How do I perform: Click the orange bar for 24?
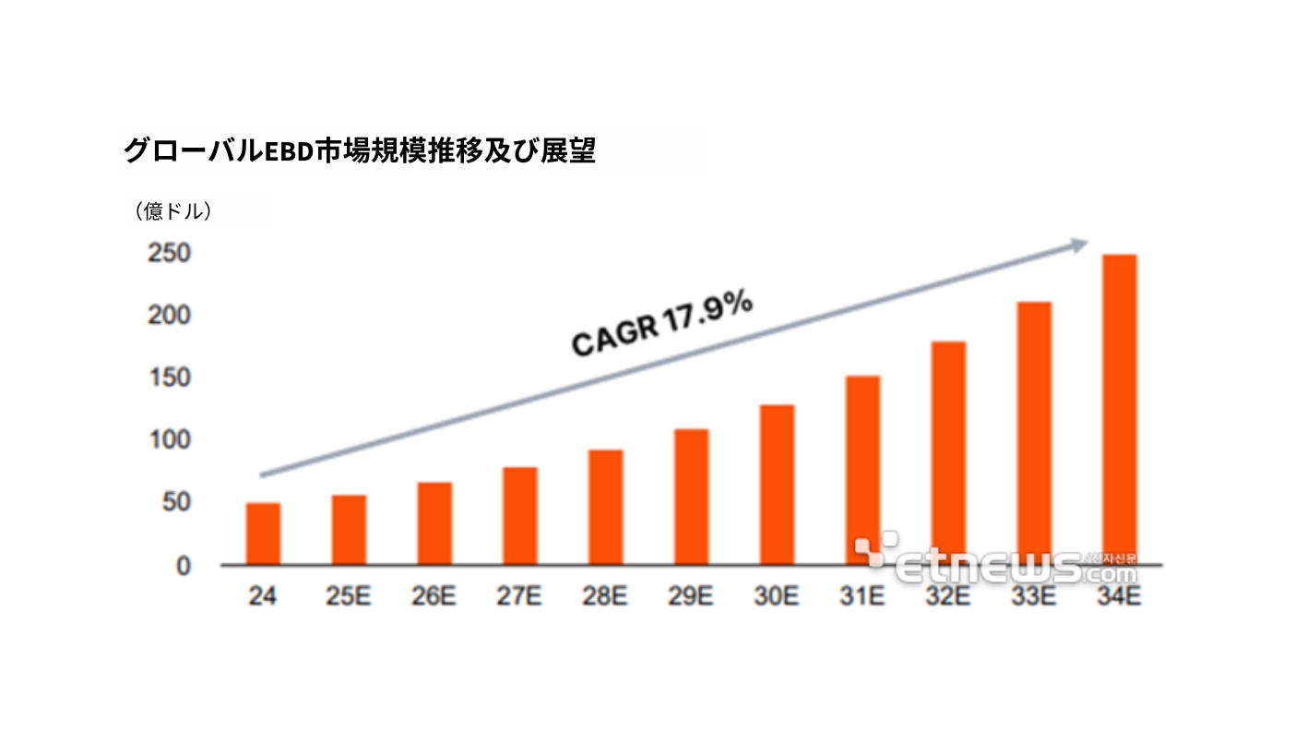click(263, 533)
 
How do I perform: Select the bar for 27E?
click(520, 516)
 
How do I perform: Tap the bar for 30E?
click(777, 485)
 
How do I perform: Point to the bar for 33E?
click(1034, 433)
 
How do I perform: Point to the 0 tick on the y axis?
click(184, 566)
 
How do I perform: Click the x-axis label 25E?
click(348, 597)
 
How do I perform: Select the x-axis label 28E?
click(605, 597)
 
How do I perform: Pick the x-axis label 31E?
click(862, 597)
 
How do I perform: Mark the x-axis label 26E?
click(434, 597)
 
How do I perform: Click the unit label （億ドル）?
click(174, 211)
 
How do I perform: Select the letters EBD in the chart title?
click(286, 151)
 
